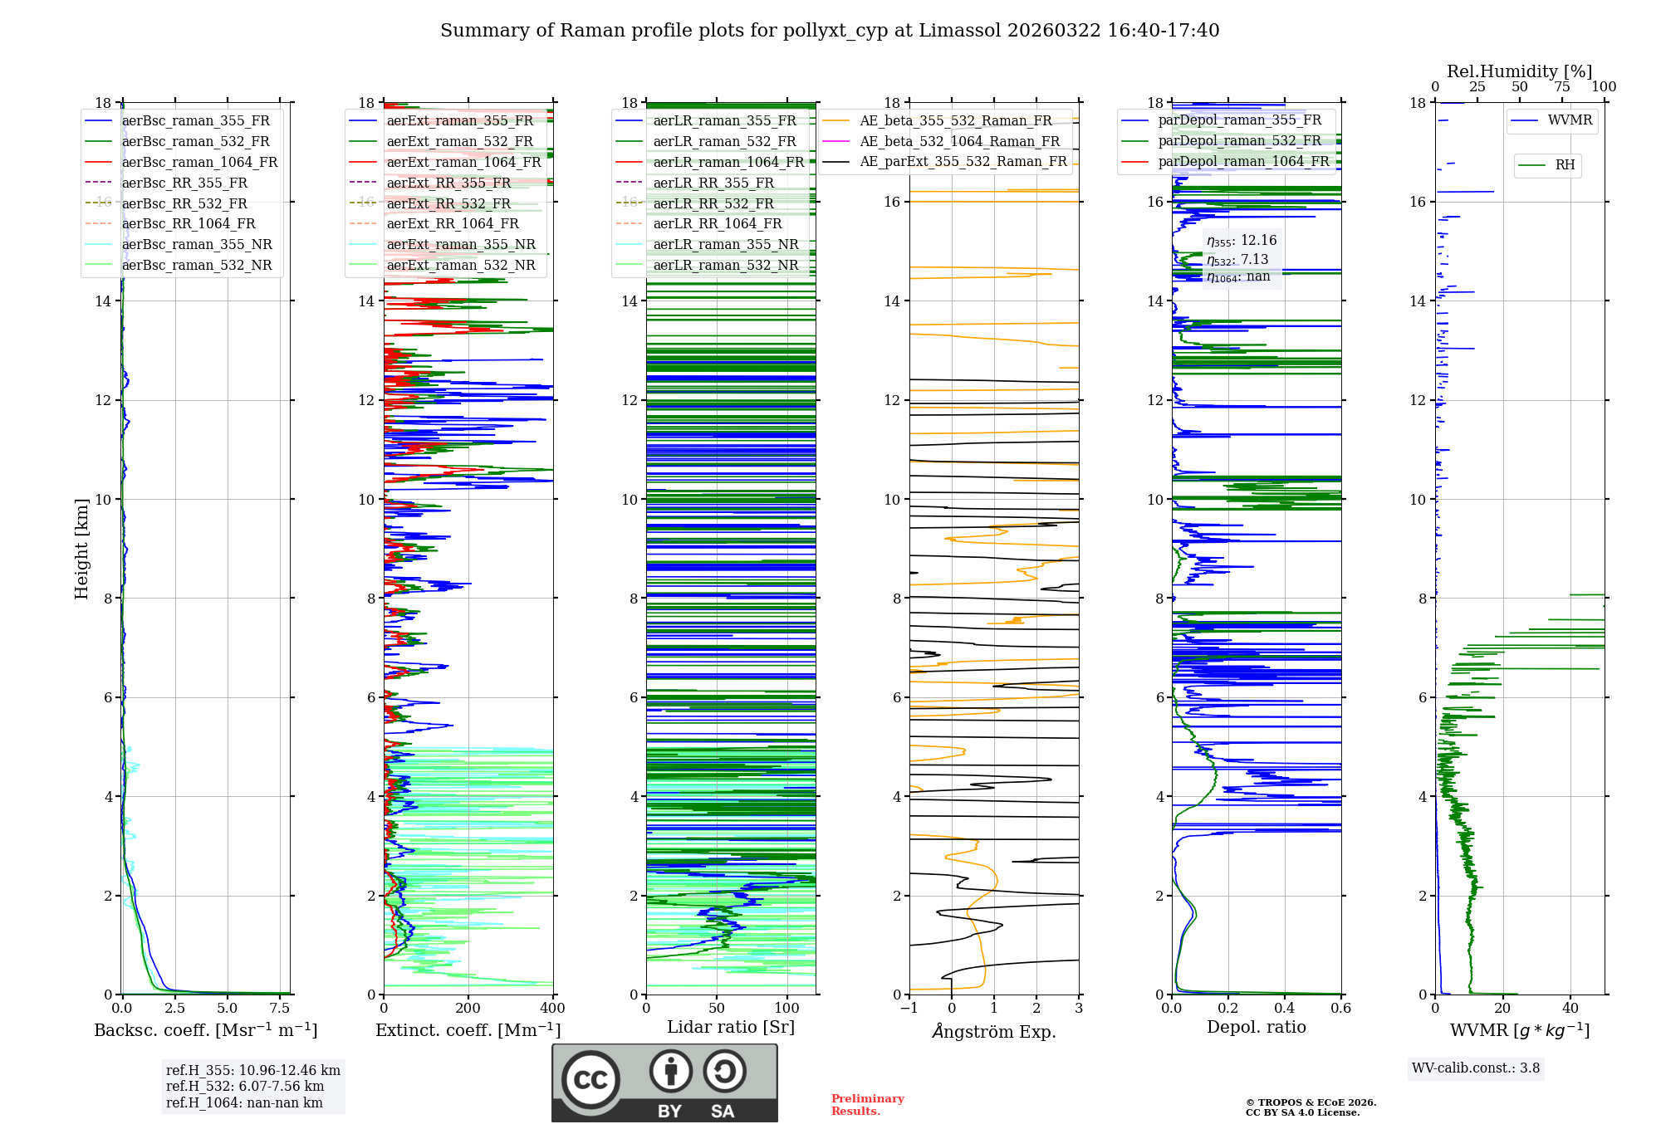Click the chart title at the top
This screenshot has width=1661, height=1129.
click(x=830, y=31)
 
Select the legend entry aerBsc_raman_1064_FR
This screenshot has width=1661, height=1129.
click(x=199, y=162)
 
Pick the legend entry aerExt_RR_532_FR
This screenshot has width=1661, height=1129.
click(x=448, y=203)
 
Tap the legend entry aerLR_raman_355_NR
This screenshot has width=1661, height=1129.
click(x=725, y=244)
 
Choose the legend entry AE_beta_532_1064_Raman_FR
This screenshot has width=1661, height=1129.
click(x=959, y=141)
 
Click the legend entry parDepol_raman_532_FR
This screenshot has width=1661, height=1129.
click(x=1239, y=140)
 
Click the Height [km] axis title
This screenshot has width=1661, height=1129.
click(x=81, y=549)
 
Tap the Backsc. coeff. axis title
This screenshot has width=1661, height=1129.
click(x=205, y=1030)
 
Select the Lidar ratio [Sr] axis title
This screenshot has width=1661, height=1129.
click(x=731, y=1027)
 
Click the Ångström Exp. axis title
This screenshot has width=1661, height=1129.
click(x=994, y=1032)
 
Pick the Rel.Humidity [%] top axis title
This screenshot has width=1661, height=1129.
click(x=1519, y=71)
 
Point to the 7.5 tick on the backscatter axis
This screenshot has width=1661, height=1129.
click(x=280, y=1009)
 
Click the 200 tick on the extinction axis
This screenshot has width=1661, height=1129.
click(x=468, y=1009)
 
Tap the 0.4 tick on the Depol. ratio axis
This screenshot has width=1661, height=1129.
click(x=1285, y=1009)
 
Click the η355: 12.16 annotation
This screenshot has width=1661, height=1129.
click(x=1242, y=241)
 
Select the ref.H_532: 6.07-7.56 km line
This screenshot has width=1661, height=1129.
click(x=245, y=1086)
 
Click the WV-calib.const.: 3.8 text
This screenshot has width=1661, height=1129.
click(x=1476, y=1068)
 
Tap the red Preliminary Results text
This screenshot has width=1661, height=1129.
click(x=867, y=1105)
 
